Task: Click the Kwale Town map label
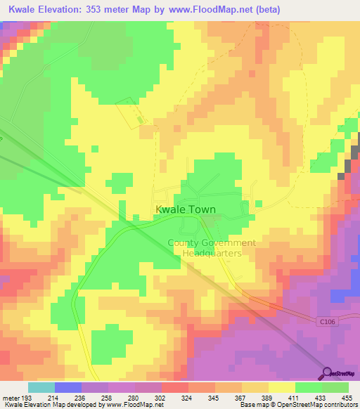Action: point(185,209)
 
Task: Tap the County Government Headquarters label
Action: point(212,247)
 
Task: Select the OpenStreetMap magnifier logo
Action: point(326,373)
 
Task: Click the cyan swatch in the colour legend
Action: point(41,387)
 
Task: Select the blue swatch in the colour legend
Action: point(67,387)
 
